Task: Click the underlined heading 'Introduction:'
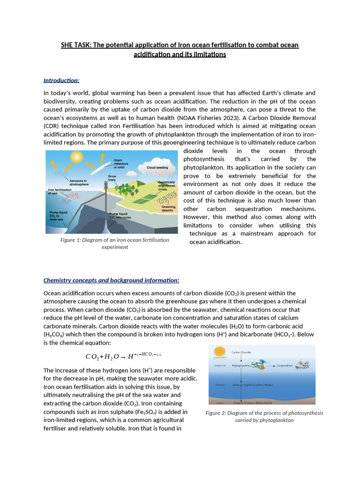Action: click(61, 80)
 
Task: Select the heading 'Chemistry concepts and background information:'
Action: click(111, 280)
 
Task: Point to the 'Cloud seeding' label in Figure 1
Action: click(157, 167)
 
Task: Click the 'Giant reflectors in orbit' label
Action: click(121, 164)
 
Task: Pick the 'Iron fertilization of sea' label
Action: click(60, 191)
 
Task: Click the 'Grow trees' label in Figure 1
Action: click(112, 178)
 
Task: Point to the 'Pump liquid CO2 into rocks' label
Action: click(120, 216)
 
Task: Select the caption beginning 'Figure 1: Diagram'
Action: click(114, 243)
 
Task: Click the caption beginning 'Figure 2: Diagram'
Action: click(264, 416)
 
